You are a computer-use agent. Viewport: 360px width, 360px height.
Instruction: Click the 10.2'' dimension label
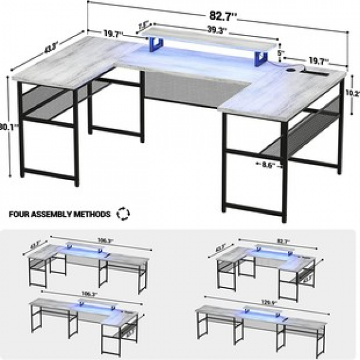click(x=353, y=93)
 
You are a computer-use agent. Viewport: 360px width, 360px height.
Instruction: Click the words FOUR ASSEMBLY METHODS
click(x=59, y=214)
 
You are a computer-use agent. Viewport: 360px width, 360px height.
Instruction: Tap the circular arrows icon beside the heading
click(x=124, y=214)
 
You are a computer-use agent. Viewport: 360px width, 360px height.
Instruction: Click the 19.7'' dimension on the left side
click(x=113, y=34)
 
